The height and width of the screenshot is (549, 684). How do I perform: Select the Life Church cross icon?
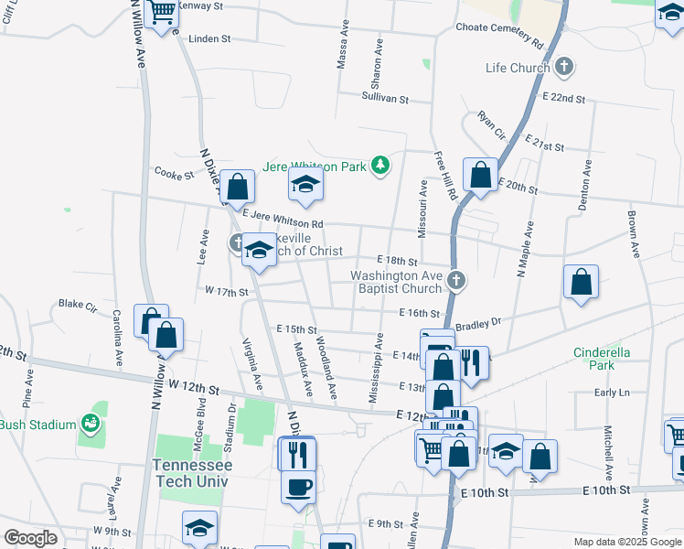[564, 67]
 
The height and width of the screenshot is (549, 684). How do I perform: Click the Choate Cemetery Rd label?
[499, 28]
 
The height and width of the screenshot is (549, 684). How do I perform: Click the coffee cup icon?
[300, 487]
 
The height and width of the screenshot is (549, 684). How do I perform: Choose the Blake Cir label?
[77, 303]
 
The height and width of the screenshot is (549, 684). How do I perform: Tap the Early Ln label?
[612, 393]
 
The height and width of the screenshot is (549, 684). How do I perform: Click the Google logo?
[30, 538]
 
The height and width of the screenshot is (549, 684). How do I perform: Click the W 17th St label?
[227, 291]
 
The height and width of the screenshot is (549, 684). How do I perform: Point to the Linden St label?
[209, 39]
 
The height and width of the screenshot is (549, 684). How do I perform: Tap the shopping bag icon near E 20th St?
[480, 174]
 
